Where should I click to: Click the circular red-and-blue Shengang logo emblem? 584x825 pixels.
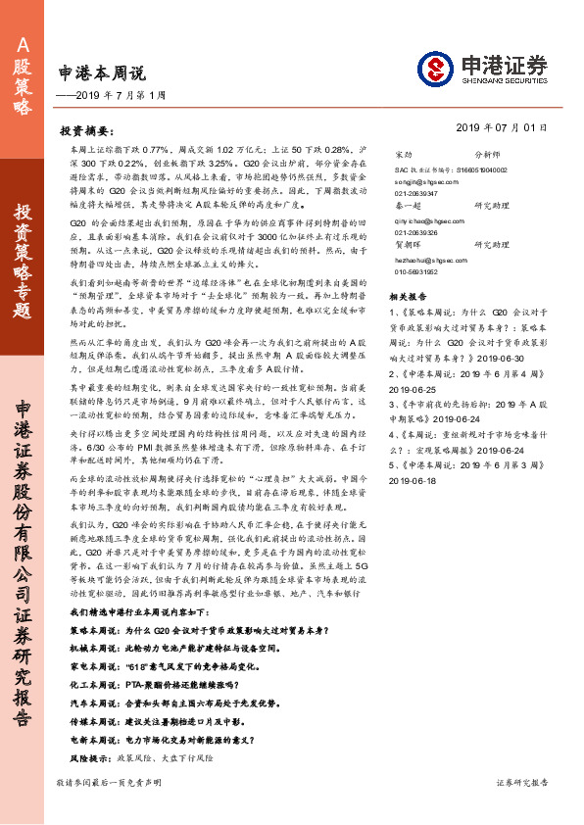pyautogui.click(x=433, y=69)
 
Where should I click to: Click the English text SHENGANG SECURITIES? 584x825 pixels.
pyautogui.click(x=500, y=83)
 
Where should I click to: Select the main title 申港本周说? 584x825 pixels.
pyautogui.click(x=101, y=73)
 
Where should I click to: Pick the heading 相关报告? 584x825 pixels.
pyautogui.click(x=408, y=295)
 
